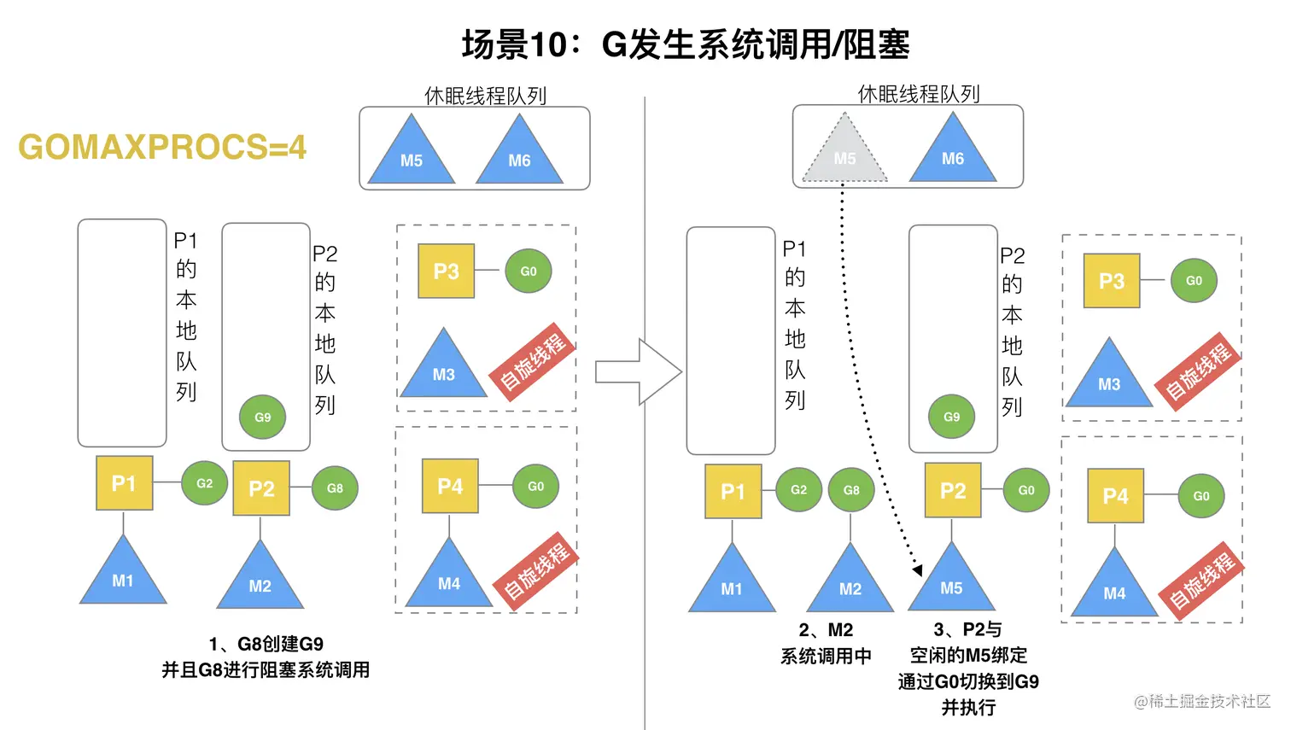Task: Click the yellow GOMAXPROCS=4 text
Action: tap(162, 147)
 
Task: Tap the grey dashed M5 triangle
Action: tap(844, 152)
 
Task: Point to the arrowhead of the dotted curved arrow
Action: tap(917, 569)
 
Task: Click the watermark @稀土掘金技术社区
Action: tap(1201, 701)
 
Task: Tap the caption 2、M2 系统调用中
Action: tap(826, 643)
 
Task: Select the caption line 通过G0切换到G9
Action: tap(968, 681)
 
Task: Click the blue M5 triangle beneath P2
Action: tap(951, 583)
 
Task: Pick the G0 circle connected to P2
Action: tap(1026, 490)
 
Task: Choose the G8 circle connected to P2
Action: tap(335, 488)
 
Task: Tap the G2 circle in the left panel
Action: tap(205, 483)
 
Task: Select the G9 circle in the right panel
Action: tap(951, 417)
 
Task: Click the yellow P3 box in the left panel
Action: tap(446, 272)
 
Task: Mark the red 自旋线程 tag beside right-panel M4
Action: tap(1201, 581)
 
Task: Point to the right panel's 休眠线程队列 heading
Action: tap(919, 94)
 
